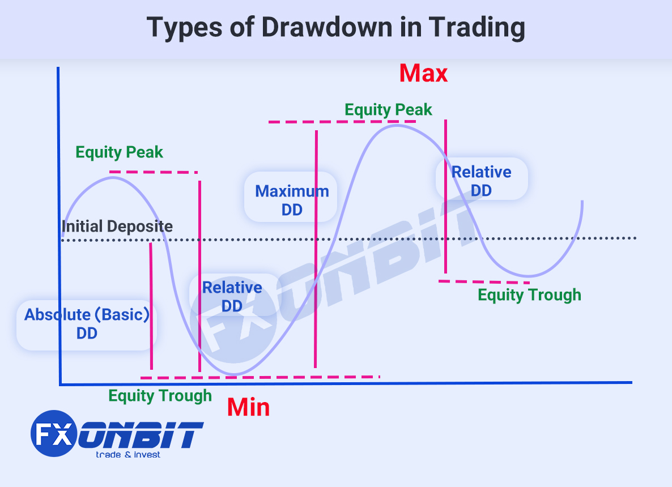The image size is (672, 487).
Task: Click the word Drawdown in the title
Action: (326, 27)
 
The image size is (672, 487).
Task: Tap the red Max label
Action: (423, 73)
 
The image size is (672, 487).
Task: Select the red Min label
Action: (248, 407)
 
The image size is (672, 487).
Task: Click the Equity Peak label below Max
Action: (388, 110)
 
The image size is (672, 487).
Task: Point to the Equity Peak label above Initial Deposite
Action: (119, 152)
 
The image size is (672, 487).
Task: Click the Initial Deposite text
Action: (117, 226)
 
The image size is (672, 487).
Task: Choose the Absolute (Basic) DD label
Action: (87, 324)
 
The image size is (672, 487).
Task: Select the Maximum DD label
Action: (292, 200)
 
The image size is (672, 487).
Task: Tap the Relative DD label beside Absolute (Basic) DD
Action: (232, 296)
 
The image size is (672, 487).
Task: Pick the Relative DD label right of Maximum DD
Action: (481, 181)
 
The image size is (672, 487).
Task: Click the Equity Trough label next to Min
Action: (160, 396)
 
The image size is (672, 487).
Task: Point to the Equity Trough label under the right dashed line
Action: (529, 295)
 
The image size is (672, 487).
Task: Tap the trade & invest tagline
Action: (127, 455)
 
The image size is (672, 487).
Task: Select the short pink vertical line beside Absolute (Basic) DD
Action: (151, 306)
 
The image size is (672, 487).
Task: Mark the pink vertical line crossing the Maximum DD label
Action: (316, 249)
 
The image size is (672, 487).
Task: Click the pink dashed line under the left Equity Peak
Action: (154, 172)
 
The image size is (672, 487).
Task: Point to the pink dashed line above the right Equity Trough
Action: (484, 282)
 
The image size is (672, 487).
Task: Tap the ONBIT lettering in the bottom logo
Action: (141, 434)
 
